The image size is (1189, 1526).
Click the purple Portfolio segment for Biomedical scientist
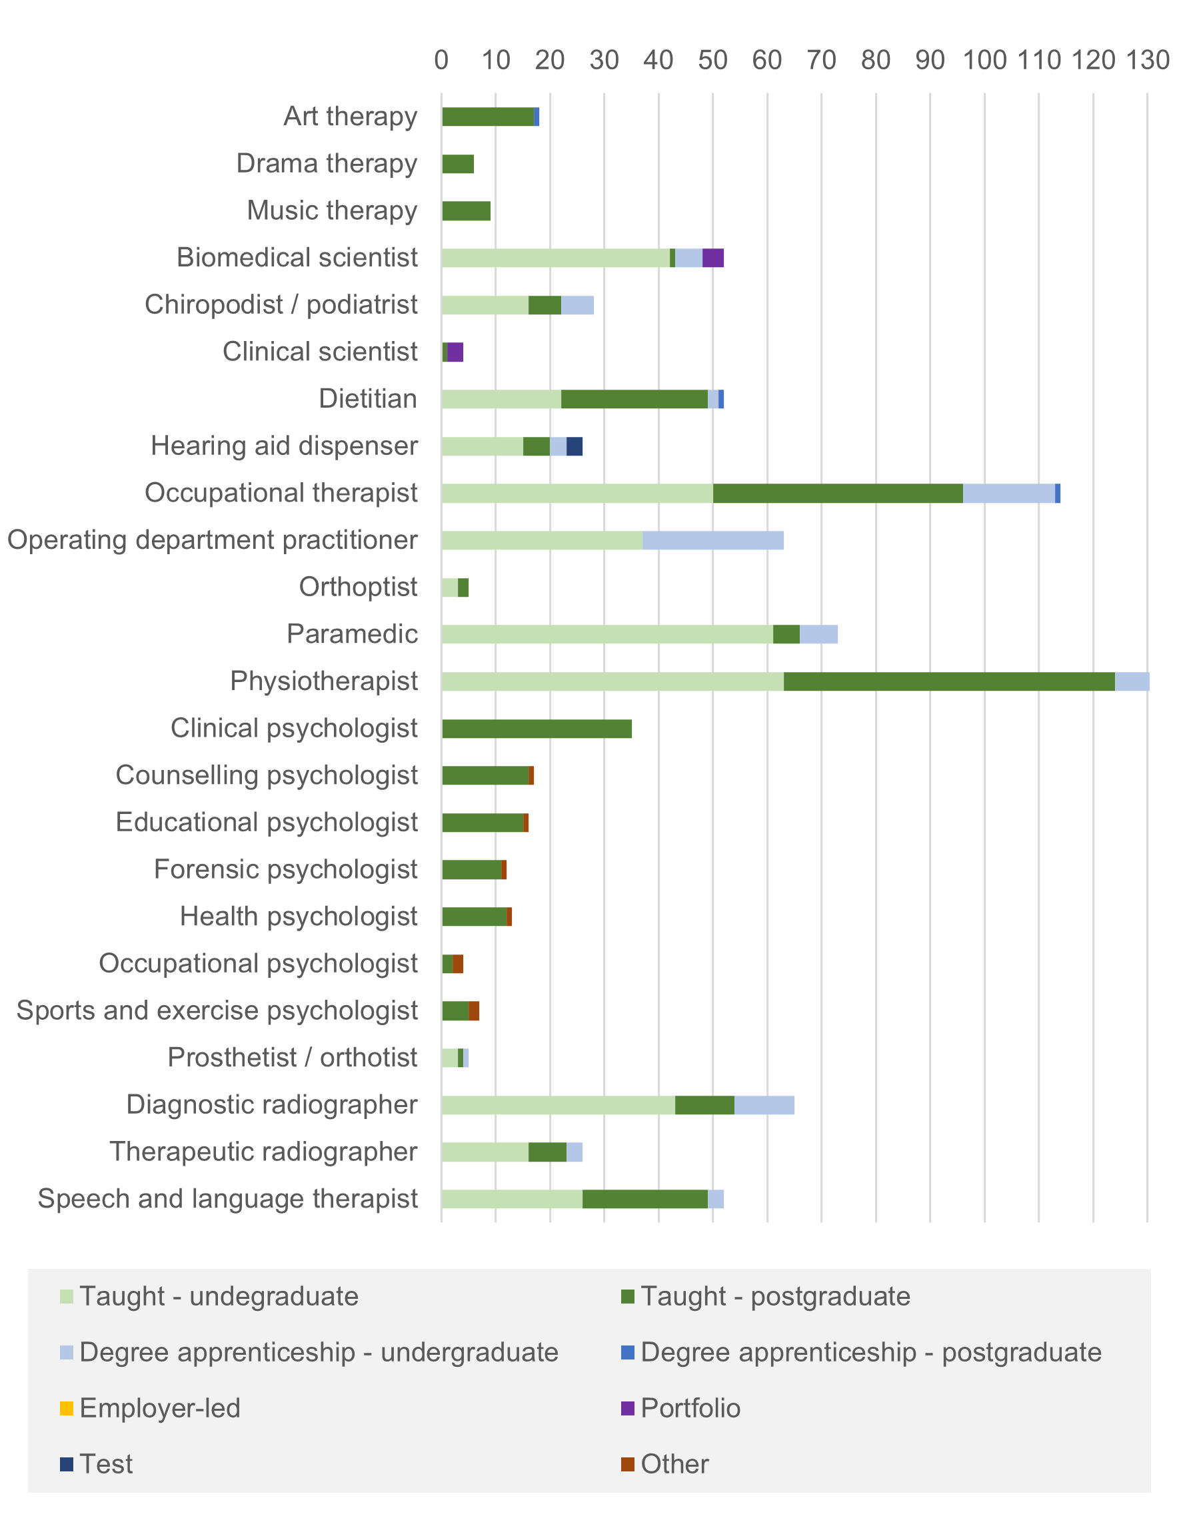(x=712, y=258)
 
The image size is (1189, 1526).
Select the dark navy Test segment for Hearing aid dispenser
(x=574, y=446)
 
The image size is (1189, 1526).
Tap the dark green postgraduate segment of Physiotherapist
(x=948, y=681)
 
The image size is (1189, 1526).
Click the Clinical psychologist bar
(x=536, y=729)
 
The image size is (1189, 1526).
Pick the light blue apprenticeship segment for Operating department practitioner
(x=712, y=540)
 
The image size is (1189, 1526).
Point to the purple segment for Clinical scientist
(x=455, y=352)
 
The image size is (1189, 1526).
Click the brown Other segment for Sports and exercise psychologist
(x=473, y=1011)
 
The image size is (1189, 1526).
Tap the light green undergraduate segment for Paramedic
(x=606, y=634)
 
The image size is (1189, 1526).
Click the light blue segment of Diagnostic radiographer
(x=764, y=1106)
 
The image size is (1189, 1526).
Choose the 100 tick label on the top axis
(x=984, y=61)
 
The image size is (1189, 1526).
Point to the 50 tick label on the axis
(x=712, y=61)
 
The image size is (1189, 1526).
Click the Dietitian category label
(x=368, y=399)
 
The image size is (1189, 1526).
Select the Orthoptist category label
(x=358, y=587)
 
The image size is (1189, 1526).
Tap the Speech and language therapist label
(x=228, y=1199)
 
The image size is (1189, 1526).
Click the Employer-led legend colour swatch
(x=67, y=1408)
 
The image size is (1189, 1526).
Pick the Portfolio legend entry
(x=690, y=1408)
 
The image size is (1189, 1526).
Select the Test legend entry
(x=105, y=1464)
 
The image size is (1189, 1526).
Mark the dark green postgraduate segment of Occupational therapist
(x=837, y=494)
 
